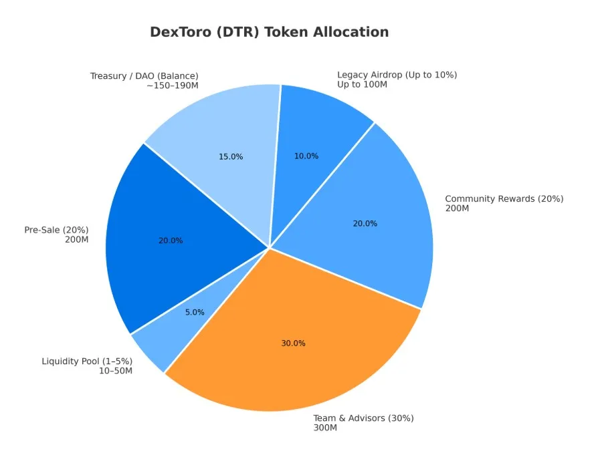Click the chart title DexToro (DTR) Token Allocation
(x=269, y=32)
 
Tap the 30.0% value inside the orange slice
(x=293, y=343)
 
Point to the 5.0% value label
(x=194, y=312)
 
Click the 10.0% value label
(x=306, y=156)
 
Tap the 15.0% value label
(x=231, y=156)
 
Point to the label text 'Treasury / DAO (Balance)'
(x=144, y=76)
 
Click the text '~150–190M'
(x=172, y=86)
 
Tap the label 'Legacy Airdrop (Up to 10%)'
(x=397, y=75)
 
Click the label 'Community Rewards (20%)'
(x=504, y=198)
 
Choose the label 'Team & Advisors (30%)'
(x=364, y=418)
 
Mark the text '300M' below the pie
(x=325, y=428)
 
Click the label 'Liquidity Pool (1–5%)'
(x=87, y=361)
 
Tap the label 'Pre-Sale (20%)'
(x=56, y=230)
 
